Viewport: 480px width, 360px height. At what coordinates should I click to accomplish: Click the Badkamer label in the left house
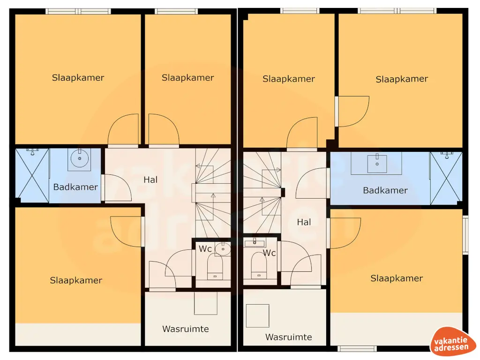point(75,187)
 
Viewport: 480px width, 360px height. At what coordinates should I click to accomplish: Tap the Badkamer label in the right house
point(385,190)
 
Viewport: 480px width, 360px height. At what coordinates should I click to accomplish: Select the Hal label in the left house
point(150,180)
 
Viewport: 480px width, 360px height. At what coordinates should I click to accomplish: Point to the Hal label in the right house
point(304,222)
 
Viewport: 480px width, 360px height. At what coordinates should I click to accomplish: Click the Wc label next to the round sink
point(205,248)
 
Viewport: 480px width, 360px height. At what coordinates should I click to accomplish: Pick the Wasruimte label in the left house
point(186,329)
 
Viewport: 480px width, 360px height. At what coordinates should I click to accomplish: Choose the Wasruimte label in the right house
point(288,337)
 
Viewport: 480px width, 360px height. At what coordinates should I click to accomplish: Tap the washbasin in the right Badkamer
point(376,163)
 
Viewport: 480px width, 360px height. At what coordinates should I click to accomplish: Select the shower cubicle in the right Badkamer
point(446,178)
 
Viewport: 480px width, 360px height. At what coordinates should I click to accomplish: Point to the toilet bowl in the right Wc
point(258,266)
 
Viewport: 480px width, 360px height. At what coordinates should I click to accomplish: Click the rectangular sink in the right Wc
point(255,242)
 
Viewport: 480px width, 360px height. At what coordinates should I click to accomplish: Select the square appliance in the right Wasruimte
point(257,315)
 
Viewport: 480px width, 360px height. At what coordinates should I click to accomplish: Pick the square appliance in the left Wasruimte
point(206,303)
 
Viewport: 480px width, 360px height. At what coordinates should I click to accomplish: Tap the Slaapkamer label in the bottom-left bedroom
point(76,280)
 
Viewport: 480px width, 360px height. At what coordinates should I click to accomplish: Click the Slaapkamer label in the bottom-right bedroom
point(397,278)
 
